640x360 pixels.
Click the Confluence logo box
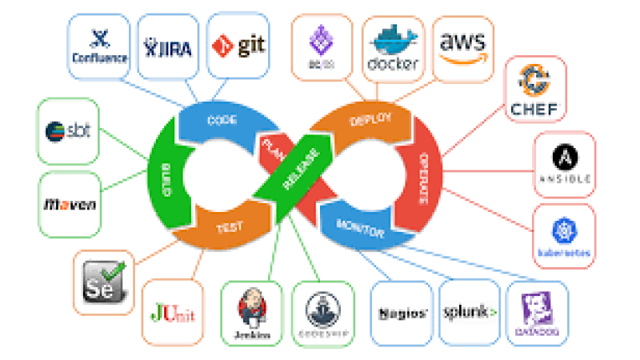[x=98, y=46]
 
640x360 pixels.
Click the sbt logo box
[x=69, y=130]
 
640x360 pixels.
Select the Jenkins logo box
[x=250, y=312]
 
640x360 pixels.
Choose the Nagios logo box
[x=402, y=312]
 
